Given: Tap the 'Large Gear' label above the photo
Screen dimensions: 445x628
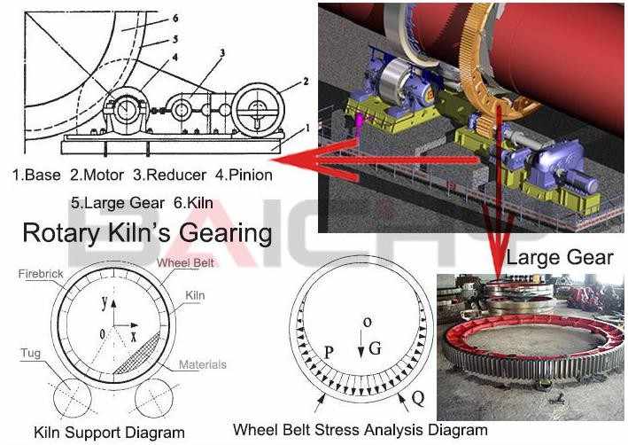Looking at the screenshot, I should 559,257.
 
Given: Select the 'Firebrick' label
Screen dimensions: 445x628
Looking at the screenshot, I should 41,276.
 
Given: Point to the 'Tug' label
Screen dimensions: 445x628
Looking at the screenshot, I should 30,352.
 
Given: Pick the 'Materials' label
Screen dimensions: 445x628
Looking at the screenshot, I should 202,364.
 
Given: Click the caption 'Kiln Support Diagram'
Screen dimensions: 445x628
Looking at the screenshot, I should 110,433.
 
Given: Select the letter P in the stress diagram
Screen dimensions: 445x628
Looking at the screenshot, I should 328,353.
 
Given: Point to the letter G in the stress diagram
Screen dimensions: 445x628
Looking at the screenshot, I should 375,348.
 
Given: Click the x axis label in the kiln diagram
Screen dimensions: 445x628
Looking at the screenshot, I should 133,337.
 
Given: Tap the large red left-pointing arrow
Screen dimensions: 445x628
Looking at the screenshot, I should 310,160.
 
